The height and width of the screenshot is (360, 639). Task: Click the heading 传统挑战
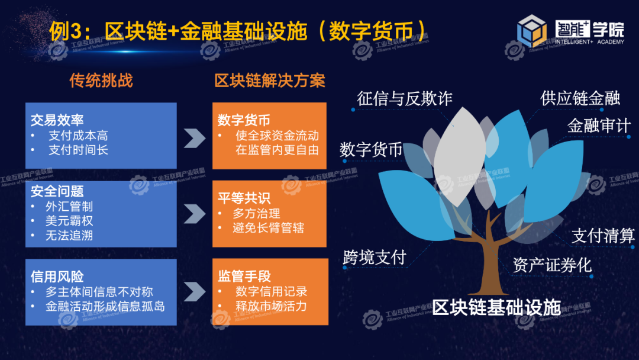[x=101, y=81]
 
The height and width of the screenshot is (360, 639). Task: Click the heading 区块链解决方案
[x=270, y=81]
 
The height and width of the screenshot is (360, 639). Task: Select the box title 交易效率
[x=57, y=120]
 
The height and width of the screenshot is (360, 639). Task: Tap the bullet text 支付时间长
[x=78, y=150]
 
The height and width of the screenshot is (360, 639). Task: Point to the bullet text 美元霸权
[x=69, y=221]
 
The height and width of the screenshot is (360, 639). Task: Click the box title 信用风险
[x=57, y=277]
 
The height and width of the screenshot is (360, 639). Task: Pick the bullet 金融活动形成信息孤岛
[x=105, y=306]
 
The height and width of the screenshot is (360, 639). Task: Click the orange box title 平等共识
[x=244, y=198]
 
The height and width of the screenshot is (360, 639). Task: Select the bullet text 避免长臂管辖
[x=268, y=227]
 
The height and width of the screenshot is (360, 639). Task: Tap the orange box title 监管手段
[x=244, y=276]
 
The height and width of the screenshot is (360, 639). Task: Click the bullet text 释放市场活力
[x=271, y=306]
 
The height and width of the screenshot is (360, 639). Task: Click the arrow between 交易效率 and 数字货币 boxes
[x=195, y=138]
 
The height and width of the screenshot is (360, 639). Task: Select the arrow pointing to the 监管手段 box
[x=195, y=291]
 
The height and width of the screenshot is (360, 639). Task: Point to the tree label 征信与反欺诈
[x=405, y=99]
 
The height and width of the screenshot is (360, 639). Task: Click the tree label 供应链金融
[x=580, y=98]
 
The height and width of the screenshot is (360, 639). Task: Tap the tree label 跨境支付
[x=375, y=257]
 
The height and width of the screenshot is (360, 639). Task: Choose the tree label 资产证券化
[x=552, y=265]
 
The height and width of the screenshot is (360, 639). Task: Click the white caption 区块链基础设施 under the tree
[x=496, y=307]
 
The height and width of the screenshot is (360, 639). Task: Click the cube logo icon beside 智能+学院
[x=532, y=30]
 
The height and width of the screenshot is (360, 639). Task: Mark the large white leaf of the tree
[x=460, y=157]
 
